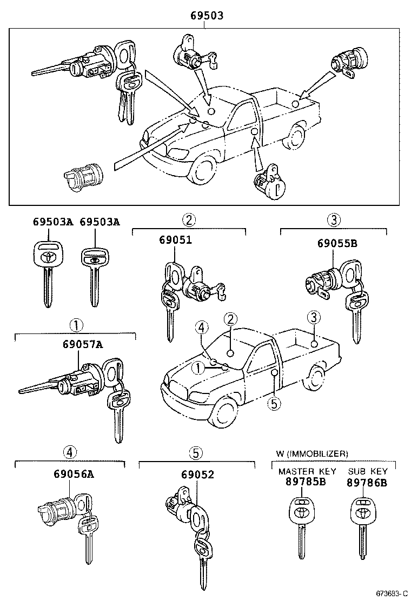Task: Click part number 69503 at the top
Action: (207, 16)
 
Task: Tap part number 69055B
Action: (337, 243)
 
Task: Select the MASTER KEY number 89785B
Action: (306, 482)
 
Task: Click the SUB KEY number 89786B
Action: (367, 482)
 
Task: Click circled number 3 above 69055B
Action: (334, 219)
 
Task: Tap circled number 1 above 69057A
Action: (75, 326)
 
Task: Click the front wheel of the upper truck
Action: (202, 172)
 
